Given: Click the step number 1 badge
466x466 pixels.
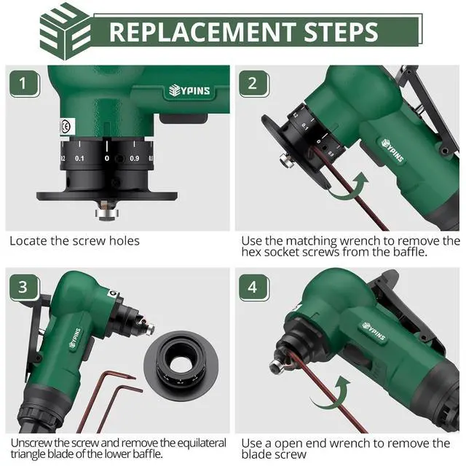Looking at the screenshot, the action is point(25,84).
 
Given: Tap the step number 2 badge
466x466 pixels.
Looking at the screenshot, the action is point(254,84).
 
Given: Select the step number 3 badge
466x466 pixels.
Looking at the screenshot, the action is point(25,288).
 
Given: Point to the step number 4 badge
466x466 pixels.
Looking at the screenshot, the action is point(254,288).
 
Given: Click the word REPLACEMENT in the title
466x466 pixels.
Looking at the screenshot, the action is point(202,32).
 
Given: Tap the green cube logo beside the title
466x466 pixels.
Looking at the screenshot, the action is point(66,31).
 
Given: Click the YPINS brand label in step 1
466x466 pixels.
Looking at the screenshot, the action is point(189,90).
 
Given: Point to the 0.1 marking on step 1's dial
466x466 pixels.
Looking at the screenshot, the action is point(79,159).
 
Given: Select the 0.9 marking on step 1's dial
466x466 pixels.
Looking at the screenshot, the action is point(134,159).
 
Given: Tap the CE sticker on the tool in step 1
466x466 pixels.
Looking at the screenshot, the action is point(66,127).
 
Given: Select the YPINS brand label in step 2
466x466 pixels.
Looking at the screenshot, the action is point(392,150).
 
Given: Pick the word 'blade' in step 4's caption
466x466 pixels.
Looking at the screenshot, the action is point(256,454).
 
